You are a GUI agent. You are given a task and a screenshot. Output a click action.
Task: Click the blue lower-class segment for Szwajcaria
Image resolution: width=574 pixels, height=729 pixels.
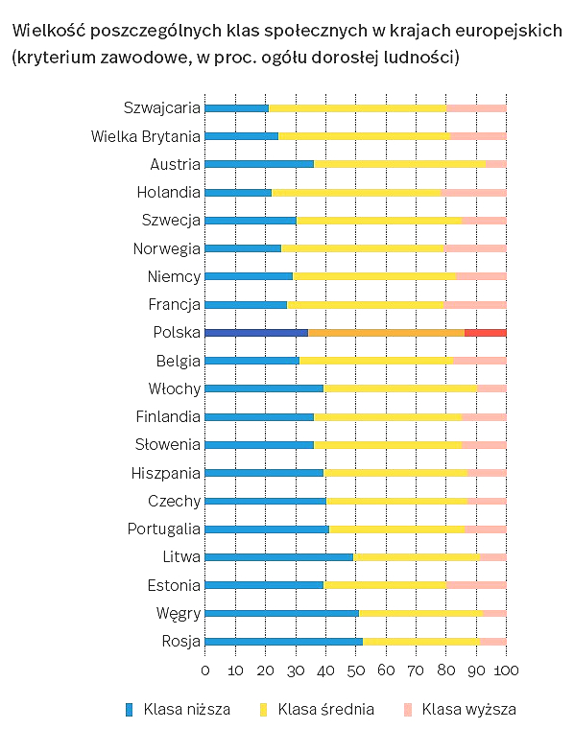pos(237,108)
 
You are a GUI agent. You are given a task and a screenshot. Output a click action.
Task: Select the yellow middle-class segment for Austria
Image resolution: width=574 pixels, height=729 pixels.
pos(400,164)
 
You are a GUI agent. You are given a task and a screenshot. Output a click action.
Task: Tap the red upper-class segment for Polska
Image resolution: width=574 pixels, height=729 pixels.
pos(486,333)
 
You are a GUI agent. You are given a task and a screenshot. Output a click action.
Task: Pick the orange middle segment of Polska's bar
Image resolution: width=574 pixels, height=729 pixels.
pos(387,333)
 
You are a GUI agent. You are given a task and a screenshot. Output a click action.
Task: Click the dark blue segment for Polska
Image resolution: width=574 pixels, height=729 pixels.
pos(257,333)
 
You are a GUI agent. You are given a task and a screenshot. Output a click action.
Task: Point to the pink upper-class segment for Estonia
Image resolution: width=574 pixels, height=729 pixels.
pos(477,585)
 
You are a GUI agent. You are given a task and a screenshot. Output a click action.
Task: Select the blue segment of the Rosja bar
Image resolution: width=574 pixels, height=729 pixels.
pos(284,642)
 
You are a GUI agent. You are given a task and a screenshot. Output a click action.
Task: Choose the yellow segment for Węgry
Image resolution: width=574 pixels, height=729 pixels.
pos(421,613)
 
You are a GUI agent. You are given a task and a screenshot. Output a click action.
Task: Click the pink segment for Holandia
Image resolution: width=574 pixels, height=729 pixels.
pos(473,193)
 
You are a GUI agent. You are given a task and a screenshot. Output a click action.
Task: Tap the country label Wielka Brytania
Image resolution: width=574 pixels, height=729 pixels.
pos(146,136)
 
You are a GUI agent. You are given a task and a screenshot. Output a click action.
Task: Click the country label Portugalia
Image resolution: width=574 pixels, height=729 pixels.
pos(164,529)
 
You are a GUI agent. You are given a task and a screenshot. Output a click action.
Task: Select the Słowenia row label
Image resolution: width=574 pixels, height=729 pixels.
pos(167,445)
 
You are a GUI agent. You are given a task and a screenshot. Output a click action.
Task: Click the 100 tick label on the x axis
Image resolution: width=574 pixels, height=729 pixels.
pos(506,670)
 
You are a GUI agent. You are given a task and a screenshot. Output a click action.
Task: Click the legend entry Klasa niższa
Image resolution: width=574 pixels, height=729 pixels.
pos(179,710)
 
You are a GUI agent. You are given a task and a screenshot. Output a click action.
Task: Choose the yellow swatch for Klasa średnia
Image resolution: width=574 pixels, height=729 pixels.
pos(264,710)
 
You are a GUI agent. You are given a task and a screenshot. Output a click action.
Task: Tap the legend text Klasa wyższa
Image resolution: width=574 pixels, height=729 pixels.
pos(468,710)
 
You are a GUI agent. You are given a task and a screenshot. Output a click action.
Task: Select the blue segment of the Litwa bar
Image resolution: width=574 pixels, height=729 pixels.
pos(279,557)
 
